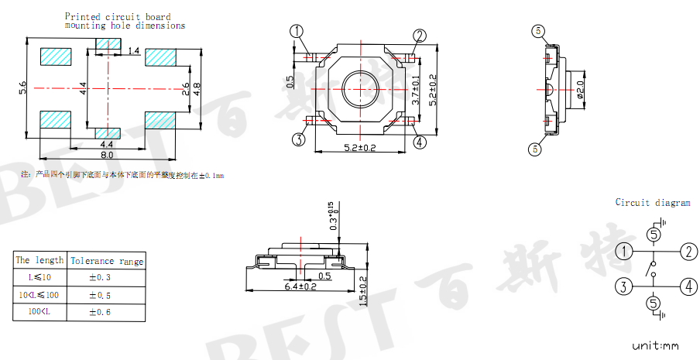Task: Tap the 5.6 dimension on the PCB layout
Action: [22, 88]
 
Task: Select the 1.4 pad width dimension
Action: [133, 50]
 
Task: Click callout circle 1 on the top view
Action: [297, 32]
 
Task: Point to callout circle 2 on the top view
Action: [420, 36]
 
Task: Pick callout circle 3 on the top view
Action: [298, 139]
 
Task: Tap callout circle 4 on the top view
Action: [420, 142]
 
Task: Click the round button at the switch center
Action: [359, 87]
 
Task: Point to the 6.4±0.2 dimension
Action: [300, 286]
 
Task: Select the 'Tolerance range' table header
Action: [107, 261]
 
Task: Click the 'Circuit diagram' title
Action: [652, 203]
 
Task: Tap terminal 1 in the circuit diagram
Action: [624, 252]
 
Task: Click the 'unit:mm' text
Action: [654, 345]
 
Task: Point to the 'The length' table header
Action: [39, 260]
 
